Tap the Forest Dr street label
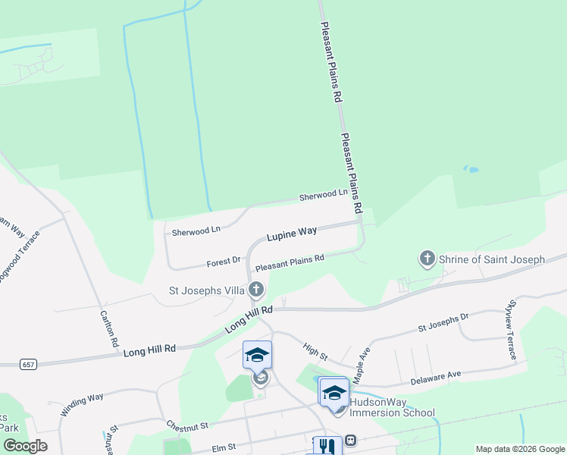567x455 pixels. (x=224, y=262)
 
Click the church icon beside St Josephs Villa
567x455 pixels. (x=257, y=289)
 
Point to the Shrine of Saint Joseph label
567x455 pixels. (x=493, y=259)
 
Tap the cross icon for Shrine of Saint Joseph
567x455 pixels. (x=428, y=259)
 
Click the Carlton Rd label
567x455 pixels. (x=109, y=328)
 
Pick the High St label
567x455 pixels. (x=315, y=350)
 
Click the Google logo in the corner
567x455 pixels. (x=25, y=446)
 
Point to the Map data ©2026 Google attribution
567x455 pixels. (x=520, y=449)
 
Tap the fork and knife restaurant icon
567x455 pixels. (x=327, y=446)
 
